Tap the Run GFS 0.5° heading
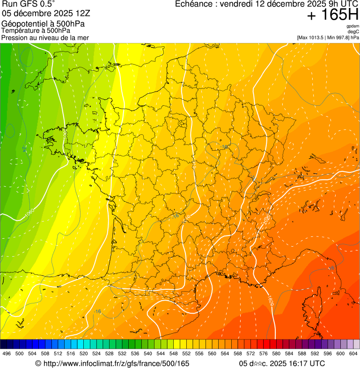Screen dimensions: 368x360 click(28, 4)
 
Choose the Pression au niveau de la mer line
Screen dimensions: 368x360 click(45, 37)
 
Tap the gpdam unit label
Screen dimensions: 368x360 click(353, 26)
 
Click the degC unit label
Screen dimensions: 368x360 click(354, 32)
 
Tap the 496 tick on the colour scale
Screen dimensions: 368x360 click(7, 354)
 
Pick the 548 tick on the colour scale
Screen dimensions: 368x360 click(174, 354)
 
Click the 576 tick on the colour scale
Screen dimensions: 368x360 click(263, 354)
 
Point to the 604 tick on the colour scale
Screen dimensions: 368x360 click(353, 354)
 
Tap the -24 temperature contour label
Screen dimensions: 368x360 click(24, 148)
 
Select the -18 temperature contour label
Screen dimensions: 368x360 click(225, 147)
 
